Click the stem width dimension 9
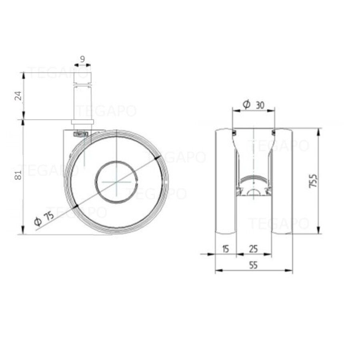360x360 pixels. (82, 59)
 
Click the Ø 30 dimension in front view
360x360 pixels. (254, 105)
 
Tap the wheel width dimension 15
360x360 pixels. (225, 249)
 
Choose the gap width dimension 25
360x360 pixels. (253, 249)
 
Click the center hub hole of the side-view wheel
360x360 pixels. (116, 181)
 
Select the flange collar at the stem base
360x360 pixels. (82, 122)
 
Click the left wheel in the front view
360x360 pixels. (225, 181)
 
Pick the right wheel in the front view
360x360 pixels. (282, 181)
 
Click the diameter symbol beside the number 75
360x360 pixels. (38, 221)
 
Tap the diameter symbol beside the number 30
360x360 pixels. (246, 105)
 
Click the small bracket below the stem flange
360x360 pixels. (80, 134)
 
